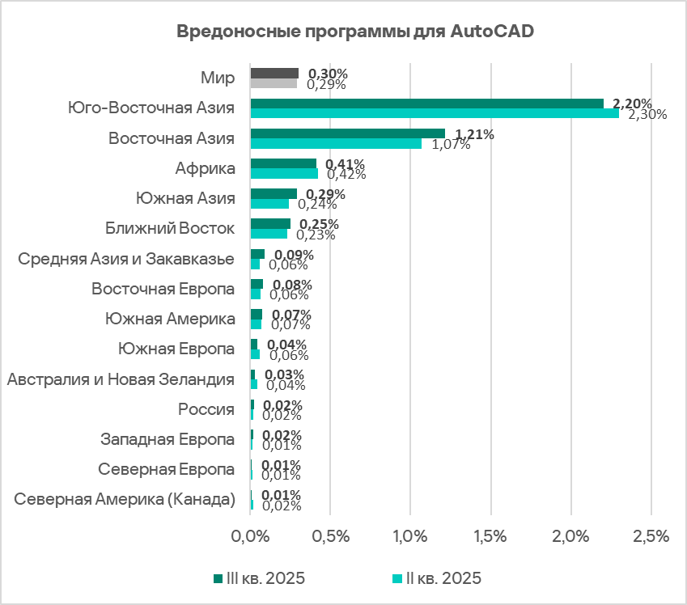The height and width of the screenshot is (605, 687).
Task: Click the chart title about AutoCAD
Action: [x=343, y=32]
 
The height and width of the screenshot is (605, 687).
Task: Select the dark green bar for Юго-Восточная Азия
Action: [x=426, y=103]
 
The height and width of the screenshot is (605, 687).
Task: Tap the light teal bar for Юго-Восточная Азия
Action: [x=435, y=113]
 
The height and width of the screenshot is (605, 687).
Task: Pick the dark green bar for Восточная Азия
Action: [x=347, y=133]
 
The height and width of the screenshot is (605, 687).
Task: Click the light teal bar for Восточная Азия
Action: [x=336, y=143]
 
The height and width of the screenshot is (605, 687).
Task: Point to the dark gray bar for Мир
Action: [x=274, y=73]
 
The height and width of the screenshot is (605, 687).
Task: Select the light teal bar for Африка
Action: [x=284, y=173]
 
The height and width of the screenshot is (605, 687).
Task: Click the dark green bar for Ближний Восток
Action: [x=270, y=223]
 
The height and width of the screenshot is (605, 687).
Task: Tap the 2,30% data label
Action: [x=647, y=114]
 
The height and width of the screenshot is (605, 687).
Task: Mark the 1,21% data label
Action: [x=474, y=133]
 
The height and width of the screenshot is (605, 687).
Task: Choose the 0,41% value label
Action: [x=346, y=163]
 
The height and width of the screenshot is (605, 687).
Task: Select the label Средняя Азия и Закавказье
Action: [x=126, y=259]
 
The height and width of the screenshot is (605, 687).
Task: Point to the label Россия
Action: [x=206, y=409]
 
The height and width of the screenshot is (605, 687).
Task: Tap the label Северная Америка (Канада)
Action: [x=125, y=499]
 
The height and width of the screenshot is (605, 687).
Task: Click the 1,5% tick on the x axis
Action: [x=491, y=535]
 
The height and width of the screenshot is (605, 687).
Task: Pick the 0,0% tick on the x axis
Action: [x=250, y=535]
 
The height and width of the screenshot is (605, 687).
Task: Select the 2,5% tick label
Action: [x=651, y=535]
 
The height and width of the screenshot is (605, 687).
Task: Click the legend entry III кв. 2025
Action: [x=259, y=577]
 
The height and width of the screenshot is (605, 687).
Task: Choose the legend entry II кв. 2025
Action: [x=437, y=577]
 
